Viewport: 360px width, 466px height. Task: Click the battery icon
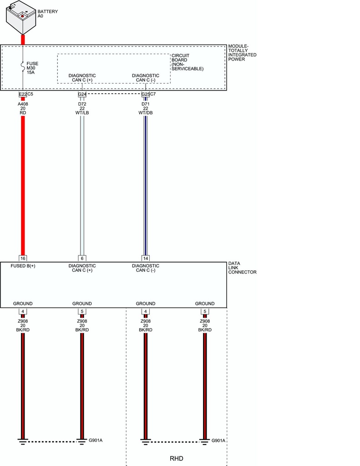pyautogui.click(x=21, y=17)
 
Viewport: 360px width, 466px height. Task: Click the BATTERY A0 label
pyautogui.click(x=48, y=14)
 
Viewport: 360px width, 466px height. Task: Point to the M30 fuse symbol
pyautogui.click(x=23, y=66)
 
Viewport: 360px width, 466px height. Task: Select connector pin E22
pyautogui.click(x=23, y=94)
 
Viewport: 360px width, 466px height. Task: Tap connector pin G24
pyautogui.click(x=82, y=94)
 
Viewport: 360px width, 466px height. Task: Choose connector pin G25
pyautogui.click(x=145, y=94)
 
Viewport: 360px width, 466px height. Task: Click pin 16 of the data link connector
pyautogui.click(x=23, y=258)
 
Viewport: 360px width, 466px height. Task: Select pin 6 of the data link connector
pyautogui.click(x=82, y=258)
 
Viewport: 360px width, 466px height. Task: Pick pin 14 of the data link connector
pyautogui.click(x=145, y=258)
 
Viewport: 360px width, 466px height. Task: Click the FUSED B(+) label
pyautogui.click(x=23, y=266)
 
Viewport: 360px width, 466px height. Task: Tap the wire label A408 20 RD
pyautogui.click(x=23, y=108)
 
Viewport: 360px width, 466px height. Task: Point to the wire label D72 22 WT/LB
pyautogui.click(x=82, y=108)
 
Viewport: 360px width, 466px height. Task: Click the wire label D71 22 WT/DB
pyautogui.click(x=145, y=108)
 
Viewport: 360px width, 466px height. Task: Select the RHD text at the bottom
pyautogui.click(x=177, y=459)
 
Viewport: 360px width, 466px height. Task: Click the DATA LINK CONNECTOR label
pyautogui.click(x=242, y=268)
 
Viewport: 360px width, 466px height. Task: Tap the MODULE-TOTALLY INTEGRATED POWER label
pyautogui.click(x=242, y=53)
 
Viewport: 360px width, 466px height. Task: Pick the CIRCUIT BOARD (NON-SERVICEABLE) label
pyautogui.click(x=188, y=62)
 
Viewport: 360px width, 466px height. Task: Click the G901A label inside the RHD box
pyautogui.click(x=218, y=441)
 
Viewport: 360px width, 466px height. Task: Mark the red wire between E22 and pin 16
pyautogui.click(x=23, y=186)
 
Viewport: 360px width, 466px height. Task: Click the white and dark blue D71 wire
pyautogui.click(x=145, y=186)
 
